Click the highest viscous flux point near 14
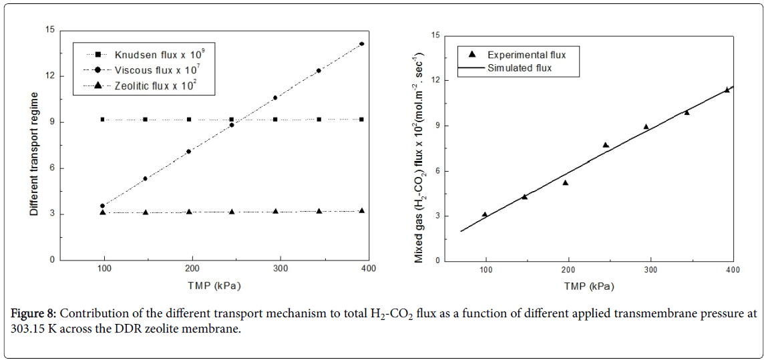[361, 44]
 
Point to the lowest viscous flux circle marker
[102, 206]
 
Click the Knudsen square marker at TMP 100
[102, 120]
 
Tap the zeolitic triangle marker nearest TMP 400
[361, 210]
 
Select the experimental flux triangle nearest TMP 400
[727, 89]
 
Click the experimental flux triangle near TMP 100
[485, 214]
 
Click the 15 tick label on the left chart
[49, 29]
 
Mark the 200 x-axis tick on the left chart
[192, 268]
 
